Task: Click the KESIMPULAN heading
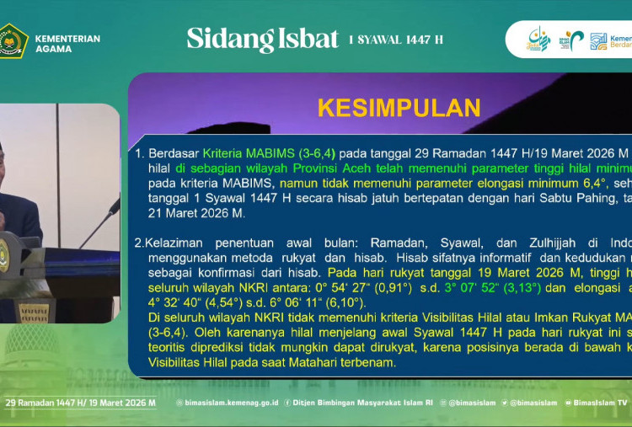coord(399,108)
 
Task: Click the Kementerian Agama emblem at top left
coord(13,40)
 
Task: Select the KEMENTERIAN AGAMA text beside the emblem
coord(67,44)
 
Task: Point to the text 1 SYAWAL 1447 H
coord(395,40)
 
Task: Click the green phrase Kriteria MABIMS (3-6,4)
coord(269,153)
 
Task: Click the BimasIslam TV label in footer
coord(599,403)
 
